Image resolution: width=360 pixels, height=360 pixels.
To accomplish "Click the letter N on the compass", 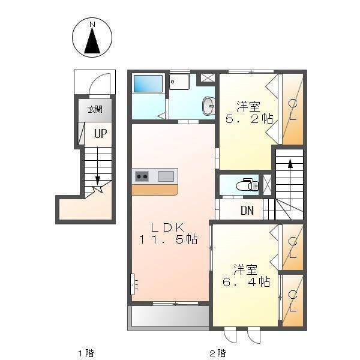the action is tap(92, 24).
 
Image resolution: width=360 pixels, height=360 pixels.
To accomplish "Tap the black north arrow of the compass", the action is tap(92, 41).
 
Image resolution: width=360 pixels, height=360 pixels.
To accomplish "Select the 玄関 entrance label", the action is tap(95, 110).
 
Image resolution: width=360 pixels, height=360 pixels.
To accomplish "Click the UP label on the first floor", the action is tap(101, 133).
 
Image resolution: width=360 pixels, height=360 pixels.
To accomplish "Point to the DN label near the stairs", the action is tap(247, 210).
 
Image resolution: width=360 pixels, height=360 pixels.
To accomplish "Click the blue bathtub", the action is tap(148, 84).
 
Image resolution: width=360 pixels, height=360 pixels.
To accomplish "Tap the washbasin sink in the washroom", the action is tap(208, 106).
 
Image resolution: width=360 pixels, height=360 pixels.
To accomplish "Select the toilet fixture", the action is tap(247, 184).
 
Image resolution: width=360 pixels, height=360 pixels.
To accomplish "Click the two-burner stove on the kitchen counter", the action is tap(142, 176).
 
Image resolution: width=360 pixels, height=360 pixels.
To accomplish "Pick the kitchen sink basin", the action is tap(166, 176).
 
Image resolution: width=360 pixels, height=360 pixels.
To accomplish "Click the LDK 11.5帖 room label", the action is tap(168, 233).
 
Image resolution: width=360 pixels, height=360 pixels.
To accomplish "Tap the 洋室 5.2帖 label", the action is tap(249, 113).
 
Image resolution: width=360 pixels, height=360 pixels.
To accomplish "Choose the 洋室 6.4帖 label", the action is tap(246, 275).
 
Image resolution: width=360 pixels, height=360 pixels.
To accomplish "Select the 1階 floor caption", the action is tap(86, 353).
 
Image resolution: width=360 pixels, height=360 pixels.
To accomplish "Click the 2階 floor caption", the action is tap(218, 353).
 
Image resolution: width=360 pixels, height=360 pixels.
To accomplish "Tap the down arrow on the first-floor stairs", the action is tap(98, 167).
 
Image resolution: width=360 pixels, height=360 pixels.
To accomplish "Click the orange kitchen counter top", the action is tap(155, 190).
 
